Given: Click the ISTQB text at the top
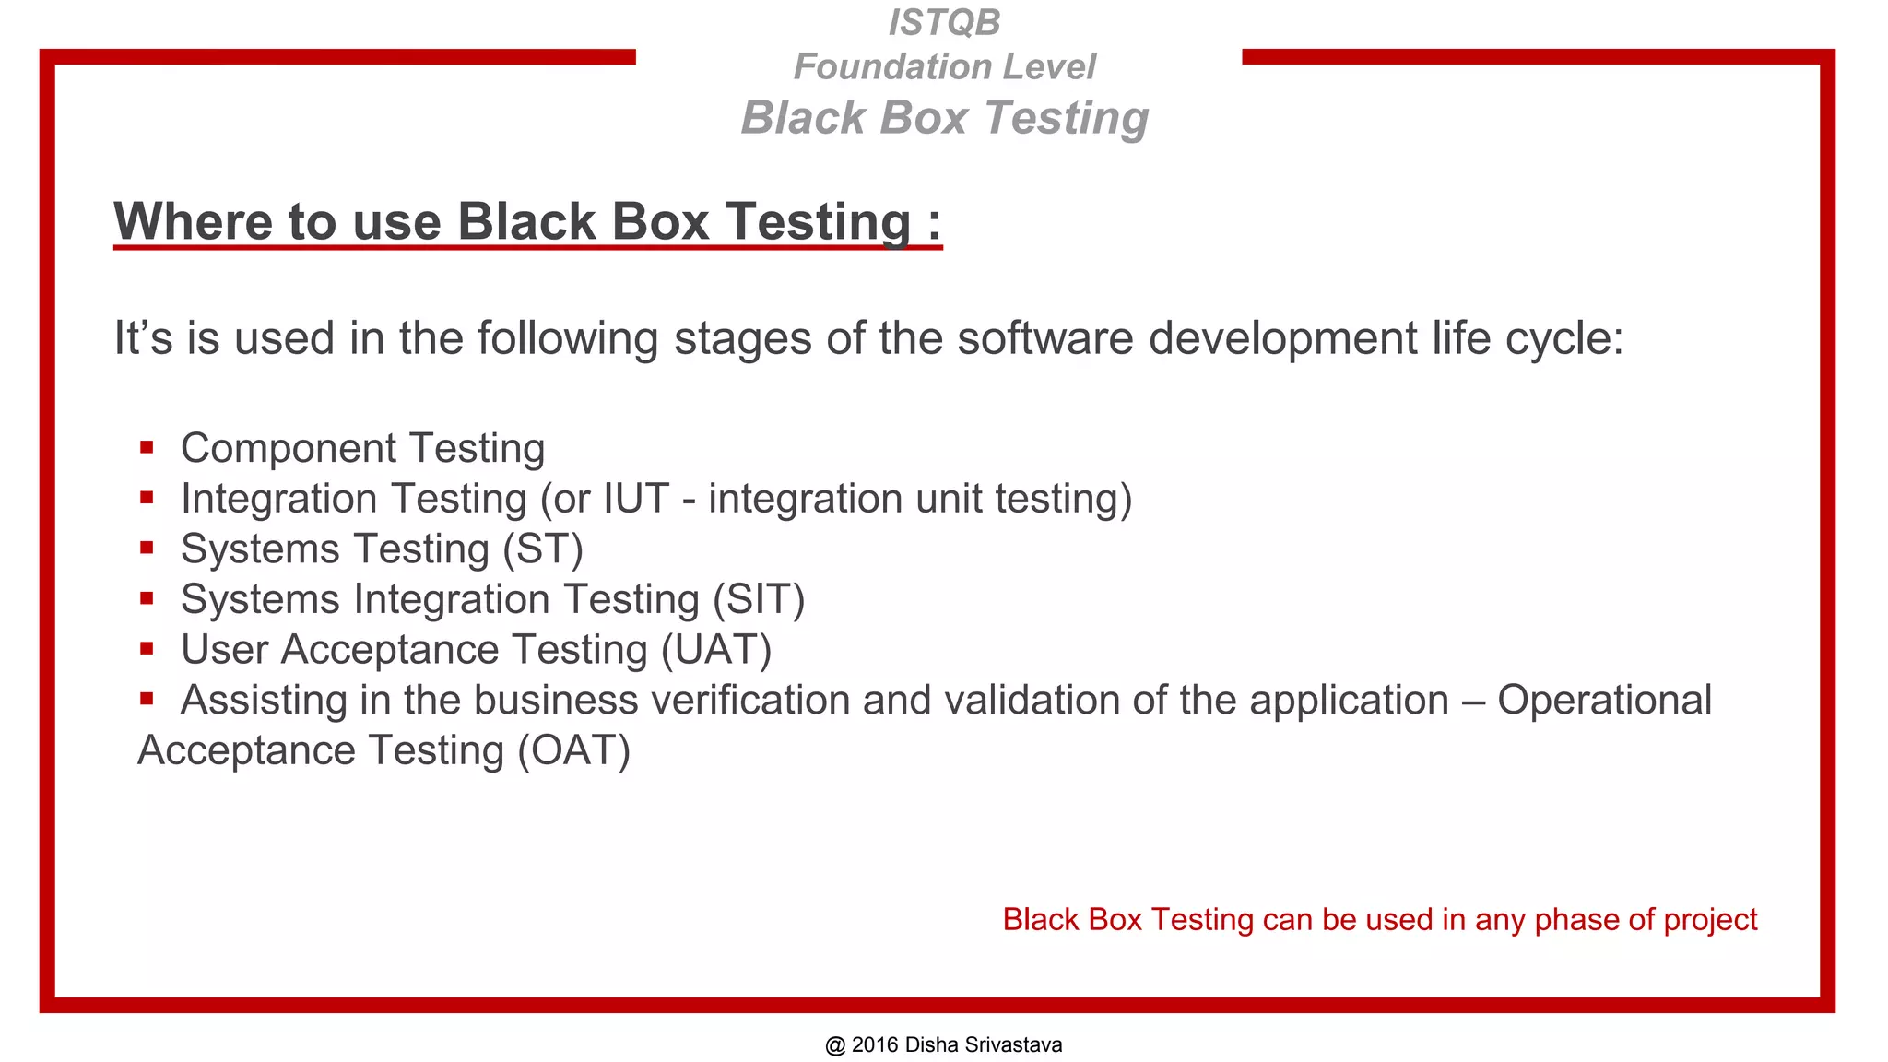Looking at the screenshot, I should [x=944, y=23].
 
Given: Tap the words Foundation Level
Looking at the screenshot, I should [x=944, y=66].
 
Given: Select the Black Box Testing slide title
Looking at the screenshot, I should [x=944, y=118].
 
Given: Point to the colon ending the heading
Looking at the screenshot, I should [x=934, y=224].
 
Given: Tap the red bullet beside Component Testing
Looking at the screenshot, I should [x=147, y=448].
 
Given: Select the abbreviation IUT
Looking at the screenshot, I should [x=635, y=499].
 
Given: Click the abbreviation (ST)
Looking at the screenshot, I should [x=543, y=549].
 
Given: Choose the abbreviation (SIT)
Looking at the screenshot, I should [x=759, y=600].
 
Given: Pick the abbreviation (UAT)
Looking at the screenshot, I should [x=716, y=650].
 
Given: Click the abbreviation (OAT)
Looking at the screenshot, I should [x=573, y=750].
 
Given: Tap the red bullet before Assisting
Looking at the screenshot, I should [x=147, y=699].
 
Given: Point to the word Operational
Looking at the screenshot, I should [x=1604, y=701].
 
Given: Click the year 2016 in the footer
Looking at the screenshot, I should [x=875, y=1045].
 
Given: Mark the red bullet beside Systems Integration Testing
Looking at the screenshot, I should [x=147, y=599].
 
